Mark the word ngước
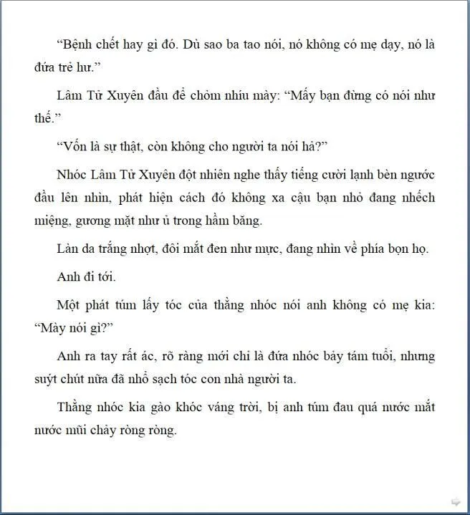[x=416, y=175]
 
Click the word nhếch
[x=416, y=198]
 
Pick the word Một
[x=69, y=304]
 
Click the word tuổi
[x=358, y=355]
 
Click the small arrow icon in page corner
[x=455, y=501]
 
